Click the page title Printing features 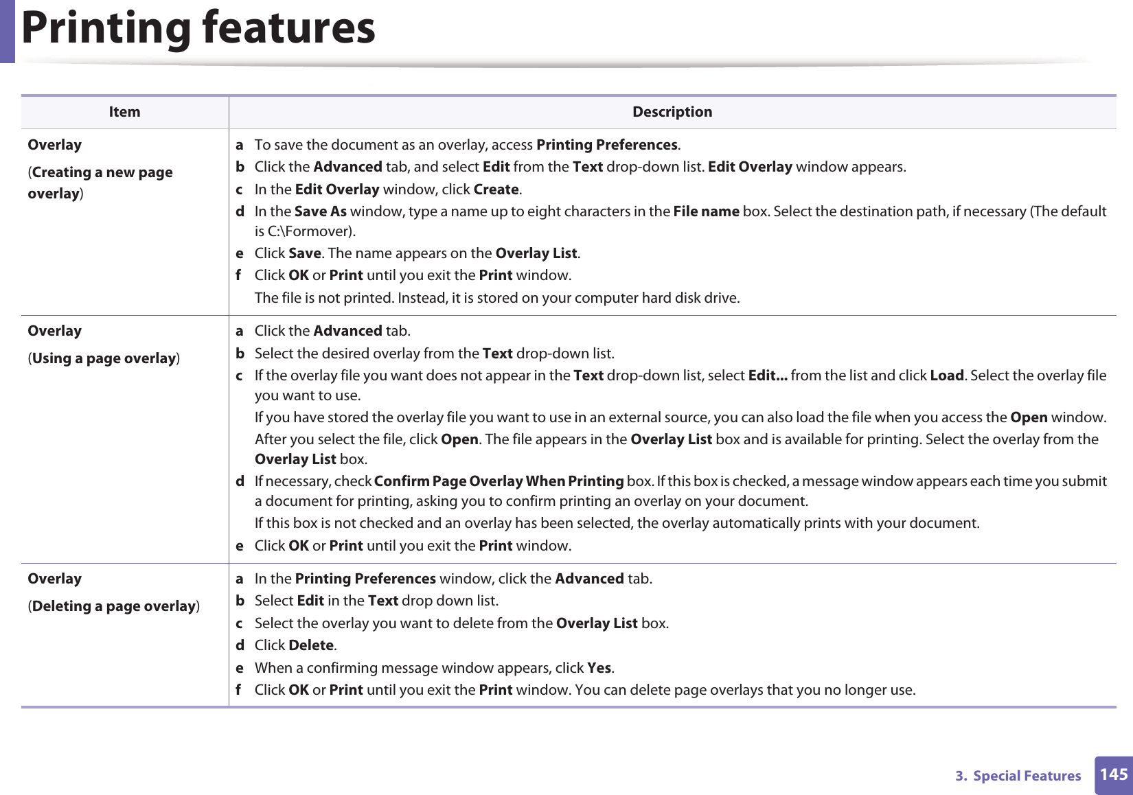[x=198, y=29]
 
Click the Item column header [x=124, y=112]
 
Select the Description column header [x=672, y=112]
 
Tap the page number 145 [x=1113, y=774]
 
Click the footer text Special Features [x=1027, y=776]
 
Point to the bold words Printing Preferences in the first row [x=606, y=145]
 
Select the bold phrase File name [x=706, y=211]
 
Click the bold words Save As [x=320, y=211]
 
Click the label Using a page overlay [x=104, y=358]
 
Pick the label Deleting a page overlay [x=113, y=606]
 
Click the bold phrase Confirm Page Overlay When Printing [x=499, y=481]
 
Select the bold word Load [x=946, y=376]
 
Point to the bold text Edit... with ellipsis [x=767, y=376]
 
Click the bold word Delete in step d [x=311, y=645]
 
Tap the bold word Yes [x=599, y=668]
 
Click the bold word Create [x=496, y=189]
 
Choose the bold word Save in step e [x=305, y=253]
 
